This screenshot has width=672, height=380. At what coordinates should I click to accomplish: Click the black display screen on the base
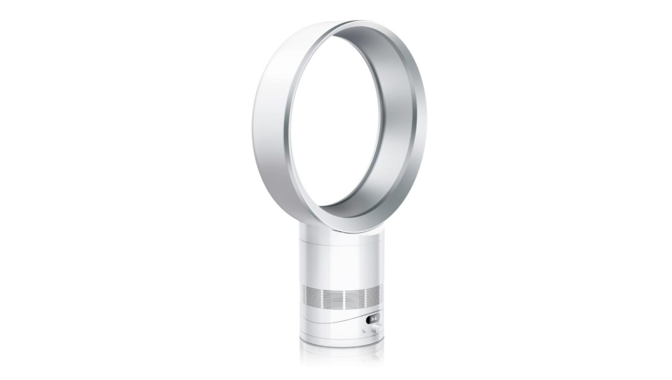(373, 319)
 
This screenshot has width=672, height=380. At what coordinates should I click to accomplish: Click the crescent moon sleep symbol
(364, 331)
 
